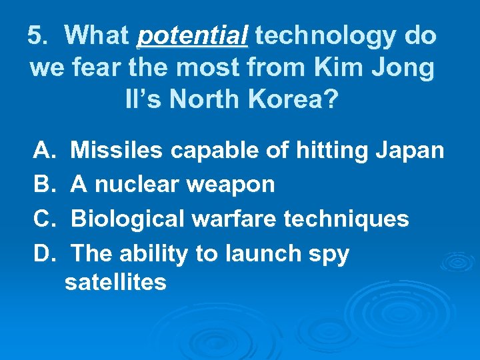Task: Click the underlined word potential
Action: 192,36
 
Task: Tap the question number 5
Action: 37,36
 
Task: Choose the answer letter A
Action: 42,151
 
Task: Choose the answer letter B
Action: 42,184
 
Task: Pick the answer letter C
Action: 42,219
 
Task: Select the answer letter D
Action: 42,253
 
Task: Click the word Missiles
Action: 116,151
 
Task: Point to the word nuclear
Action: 138,184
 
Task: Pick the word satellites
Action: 115,283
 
